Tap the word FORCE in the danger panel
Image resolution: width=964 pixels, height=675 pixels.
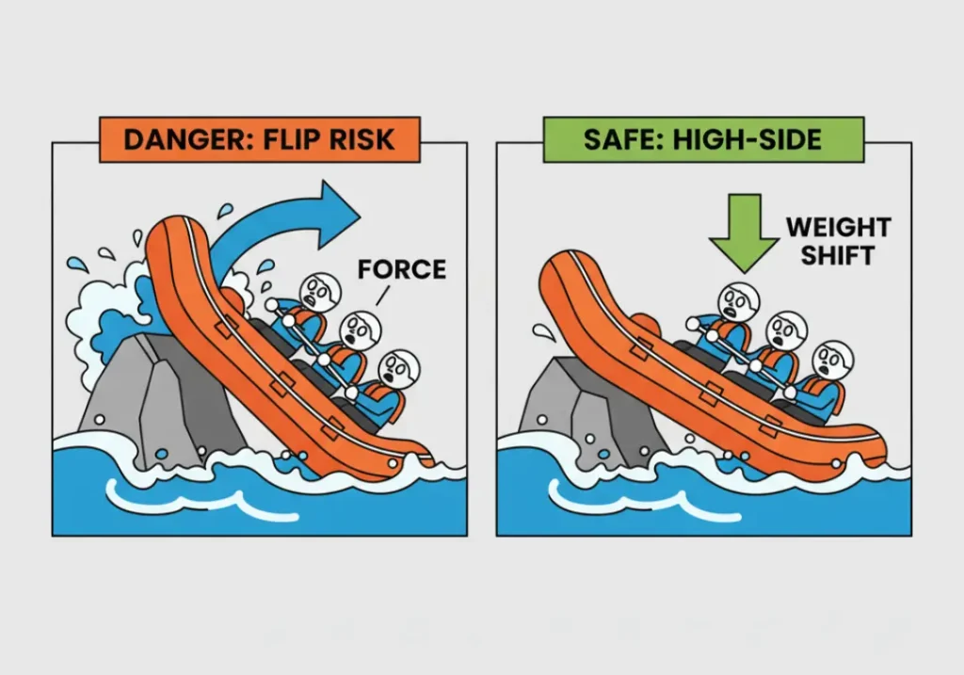point(401,270)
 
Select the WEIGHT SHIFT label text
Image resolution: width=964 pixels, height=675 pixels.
point(838,241)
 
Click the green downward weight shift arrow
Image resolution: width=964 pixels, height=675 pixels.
point(745,226)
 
